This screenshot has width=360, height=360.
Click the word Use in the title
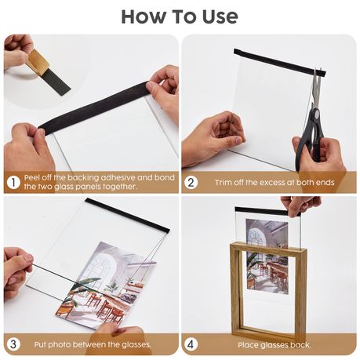[220, 16]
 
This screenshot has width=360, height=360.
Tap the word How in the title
[144, 16]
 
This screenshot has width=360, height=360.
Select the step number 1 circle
[13, 182]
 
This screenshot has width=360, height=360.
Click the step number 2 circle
[191, 182]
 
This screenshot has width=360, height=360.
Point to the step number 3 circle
[13, 344]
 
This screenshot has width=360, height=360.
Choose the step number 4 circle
[191, 344]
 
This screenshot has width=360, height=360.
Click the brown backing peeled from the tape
[38, 61]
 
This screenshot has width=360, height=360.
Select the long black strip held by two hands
[94, 107]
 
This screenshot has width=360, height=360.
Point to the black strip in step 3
[128, 215]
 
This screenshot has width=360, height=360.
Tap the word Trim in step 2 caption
[224, 182]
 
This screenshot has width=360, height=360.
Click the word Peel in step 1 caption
[32, 178]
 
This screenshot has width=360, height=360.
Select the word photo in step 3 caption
[60, 344]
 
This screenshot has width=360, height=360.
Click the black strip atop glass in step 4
[267, 211]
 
